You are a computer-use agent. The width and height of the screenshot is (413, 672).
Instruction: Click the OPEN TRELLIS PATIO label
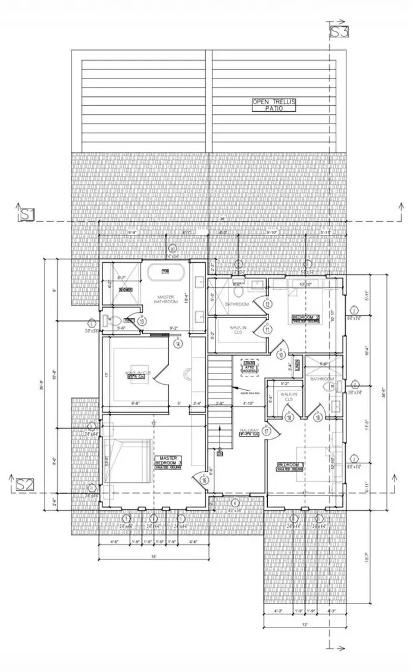tap(274, 105)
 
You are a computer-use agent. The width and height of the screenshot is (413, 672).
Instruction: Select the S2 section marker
tap(24, 484)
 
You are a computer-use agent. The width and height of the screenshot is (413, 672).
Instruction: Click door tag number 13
tap(142, 321)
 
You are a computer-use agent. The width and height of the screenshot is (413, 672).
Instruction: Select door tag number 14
tap(177, 344)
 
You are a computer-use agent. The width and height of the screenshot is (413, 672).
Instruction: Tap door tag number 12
tap(268, 304)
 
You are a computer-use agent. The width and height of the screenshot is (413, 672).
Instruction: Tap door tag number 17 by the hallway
tap(268, 431)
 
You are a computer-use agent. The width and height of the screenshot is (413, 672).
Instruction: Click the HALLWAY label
tap(249, 432)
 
